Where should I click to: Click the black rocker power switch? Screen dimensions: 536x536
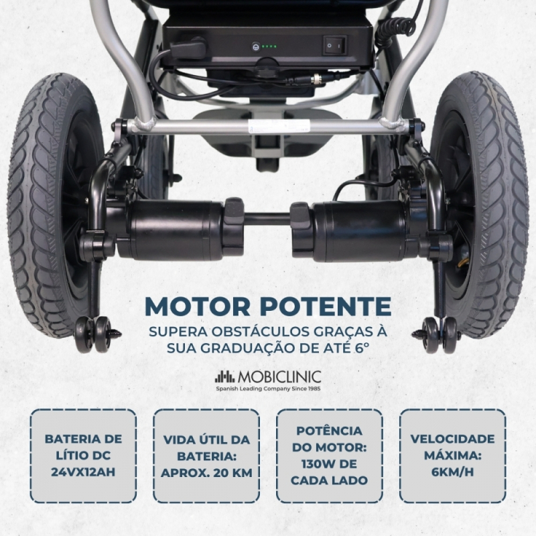(x=335, y=45)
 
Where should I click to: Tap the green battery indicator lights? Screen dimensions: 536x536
(x=269, y=46)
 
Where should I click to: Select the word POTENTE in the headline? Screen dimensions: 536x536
(x=326, y=306)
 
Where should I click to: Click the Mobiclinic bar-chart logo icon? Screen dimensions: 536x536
(x=225, y=377)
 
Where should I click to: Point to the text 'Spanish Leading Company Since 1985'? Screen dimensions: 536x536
(x=268, y=389)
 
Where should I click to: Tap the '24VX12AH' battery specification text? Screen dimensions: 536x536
(x=83, y=472)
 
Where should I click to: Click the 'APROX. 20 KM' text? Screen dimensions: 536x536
(x=206, y=473)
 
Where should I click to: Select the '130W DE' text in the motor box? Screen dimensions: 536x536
(x=329, y=464)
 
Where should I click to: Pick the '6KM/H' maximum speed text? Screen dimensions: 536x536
(x=453, y=472)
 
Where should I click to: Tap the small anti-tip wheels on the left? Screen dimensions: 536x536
(x=93, y=334)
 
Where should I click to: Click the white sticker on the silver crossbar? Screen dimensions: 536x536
(x=278, y=125)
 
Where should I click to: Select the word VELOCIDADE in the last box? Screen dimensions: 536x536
(x=453, y=439)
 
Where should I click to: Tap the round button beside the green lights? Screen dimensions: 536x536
(x=255, y=46)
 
